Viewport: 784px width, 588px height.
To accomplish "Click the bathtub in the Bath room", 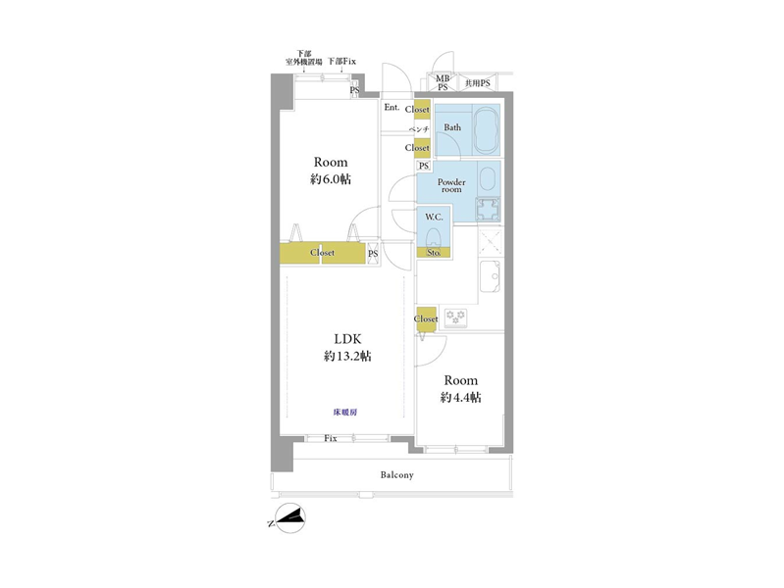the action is (486, 130).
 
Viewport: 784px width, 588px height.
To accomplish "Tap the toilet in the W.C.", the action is (434, 237).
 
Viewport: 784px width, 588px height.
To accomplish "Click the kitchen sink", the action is (490, 275).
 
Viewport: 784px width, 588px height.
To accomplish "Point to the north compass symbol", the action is (290, 518).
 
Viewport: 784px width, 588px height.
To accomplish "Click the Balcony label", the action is (397, 474).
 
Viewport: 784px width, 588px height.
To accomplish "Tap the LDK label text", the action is (347, 339).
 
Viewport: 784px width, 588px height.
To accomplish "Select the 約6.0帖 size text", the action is (331, 178).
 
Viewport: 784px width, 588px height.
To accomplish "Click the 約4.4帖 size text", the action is (461, 397).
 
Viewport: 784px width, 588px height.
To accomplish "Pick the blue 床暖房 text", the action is (345, 413).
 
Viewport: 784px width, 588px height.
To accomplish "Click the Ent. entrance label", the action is (392, 108).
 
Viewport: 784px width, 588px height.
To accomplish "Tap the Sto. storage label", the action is (434, 253).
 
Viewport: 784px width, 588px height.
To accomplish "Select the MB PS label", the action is (443, 82).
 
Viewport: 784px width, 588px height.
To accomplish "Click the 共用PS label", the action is (478, 83).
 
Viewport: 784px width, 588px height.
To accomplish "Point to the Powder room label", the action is (451, 185).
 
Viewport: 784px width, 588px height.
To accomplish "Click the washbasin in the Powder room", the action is (487, 177).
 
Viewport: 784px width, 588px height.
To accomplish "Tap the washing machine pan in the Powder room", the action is (488, 210).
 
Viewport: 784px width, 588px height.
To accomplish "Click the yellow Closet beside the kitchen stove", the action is (426, 318).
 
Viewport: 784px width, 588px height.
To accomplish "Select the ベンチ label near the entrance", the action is (419, 129).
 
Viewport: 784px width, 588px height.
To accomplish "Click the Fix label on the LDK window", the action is (331, 439).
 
